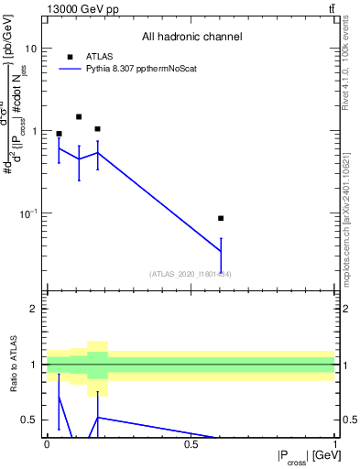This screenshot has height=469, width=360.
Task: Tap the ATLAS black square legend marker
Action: [x=70, y=57]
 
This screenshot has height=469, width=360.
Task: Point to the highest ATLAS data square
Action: [x=79, y=116]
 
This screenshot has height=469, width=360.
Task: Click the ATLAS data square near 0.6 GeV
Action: [x=221, y=218]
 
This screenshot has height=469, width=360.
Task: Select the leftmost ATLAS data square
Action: [x=60, y=134]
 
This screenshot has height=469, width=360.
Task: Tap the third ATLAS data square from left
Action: [x=98, y=129]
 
